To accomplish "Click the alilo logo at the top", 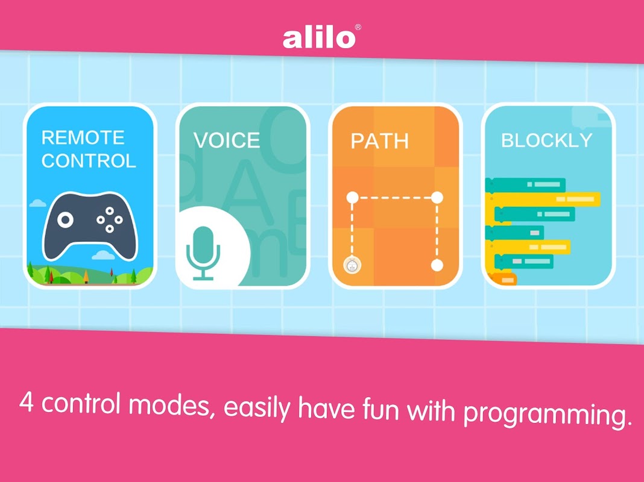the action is (319, 39).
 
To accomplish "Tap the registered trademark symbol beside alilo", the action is (358, 27).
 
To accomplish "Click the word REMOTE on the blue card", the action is (83, 137).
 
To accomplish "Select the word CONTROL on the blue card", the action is (89, 161).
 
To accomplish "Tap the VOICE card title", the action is (227, 140).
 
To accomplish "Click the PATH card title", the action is (379, 141).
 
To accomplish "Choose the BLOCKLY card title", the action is (547, 140).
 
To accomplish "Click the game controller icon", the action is (90, 226).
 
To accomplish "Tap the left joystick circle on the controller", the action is (65, 220).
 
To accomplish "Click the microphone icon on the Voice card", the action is (203, 253).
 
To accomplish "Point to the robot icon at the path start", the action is (352, 266).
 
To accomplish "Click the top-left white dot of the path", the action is (352, 197).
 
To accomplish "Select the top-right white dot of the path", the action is (437, 197).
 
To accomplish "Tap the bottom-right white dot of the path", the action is (437, 265).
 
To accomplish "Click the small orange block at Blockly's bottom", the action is (504, 280).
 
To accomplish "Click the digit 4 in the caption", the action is (26, 402).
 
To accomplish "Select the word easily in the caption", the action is (257, 407).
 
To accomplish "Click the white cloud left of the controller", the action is (38, 203).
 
